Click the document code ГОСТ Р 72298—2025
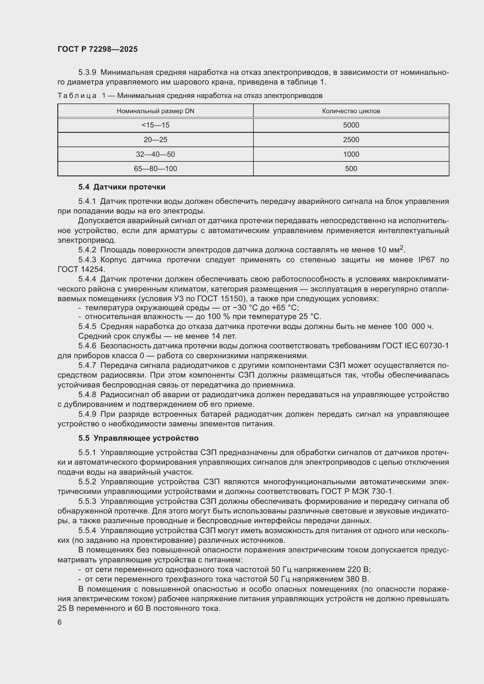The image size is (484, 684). click(x=97, y=49)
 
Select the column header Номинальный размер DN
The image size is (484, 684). click(x=155, y=111)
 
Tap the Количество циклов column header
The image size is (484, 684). click(x=351, y=111)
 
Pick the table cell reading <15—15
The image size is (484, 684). click(x=155, y=125)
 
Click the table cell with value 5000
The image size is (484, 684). click(x=351, y=125)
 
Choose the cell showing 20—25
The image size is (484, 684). click(x=155, y=140)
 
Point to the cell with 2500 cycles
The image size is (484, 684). click(x=351, y=140)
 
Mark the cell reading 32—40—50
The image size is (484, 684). click(x=155, y=154)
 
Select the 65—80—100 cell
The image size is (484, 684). click(x=155, y=169)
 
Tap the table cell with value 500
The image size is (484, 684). click(x=351, y=169)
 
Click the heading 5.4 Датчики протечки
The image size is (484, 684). click(x=122, y=187)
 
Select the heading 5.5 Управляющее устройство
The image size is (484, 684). click(x=138, y=438)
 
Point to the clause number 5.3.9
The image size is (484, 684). click(x=87, y=73)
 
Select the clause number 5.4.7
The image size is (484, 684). click(x=87, y=365)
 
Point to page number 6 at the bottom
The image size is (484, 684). click(x=60, y=622)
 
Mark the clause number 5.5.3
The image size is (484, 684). click(x=87, y=502)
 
